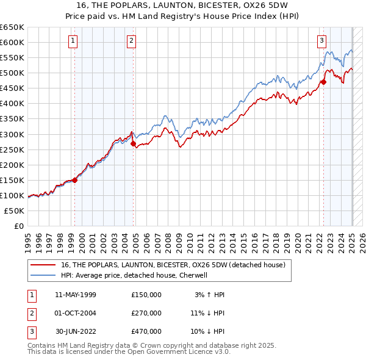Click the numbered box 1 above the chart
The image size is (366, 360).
point(73,41)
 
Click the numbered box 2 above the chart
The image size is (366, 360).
point(131,41)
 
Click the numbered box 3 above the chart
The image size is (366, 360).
point(321,41)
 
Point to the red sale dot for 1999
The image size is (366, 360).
point(74,180)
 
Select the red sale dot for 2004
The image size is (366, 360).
point(134,143)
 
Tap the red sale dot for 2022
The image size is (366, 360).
point(324,82)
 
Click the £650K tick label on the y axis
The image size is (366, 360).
point(12,27)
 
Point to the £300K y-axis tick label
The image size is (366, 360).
point(12,134)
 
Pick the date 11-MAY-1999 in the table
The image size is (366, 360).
point(76,295)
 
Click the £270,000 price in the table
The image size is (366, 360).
point(146,313)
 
